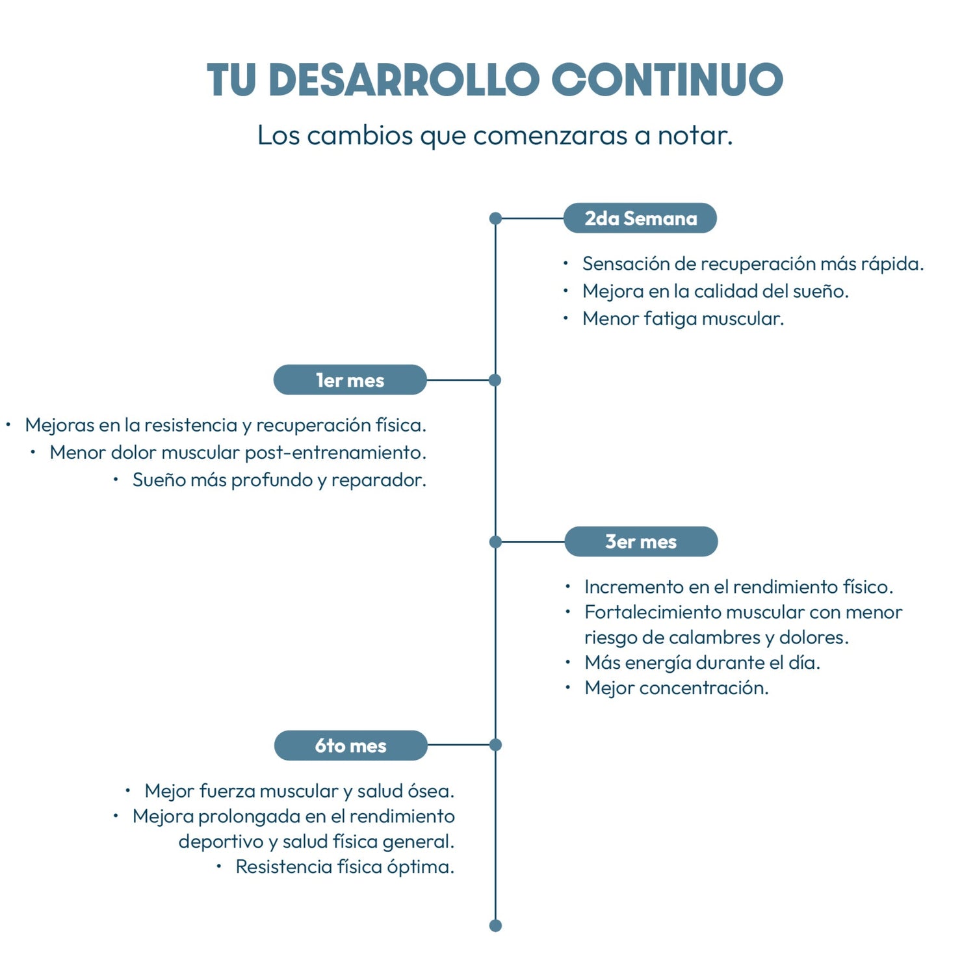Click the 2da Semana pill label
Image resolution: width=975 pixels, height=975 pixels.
pyautogui.click(x=640, y=218)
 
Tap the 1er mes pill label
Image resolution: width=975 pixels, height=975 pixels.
pyautogui.click(x=350, y=380)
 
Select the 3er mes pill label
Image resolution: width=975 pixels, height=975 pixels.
pyautogui.click(x=641, y=541)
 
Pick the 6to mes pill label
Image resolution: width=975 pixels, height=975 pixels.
pyautogui.click(x=351, y=746)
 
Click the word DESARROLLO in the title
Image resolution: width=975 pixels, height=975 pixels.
pyautogui.click(x=404, y=80)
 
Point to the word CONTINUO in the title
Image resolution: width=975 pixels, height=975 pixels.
pyautogui.click(x=668, y=80)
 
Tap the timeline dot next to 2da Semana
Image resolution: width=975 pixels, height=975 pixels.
pyautogui.click(x=495, y=218)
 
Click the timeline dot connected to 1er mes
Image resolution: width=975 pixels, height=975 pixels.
pyautogui.click(x=495, y=380)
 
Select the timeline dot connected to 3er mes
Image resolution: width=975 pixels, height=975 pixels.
pyautogui.click(x=495, y=541)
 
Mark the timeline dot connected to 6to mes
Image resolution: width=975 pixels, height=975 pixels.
pyautogui.click(x=495, y=745)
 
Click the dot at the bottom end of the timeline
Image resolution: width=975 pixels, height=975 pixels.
pyautogui.click(x=495, y=926)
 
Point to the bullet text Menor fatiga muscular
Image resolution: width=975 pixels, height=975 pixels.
pyautogui.click(x=683, y=318)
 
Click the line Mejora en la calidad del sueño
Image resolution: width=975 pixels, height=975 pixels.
pyautogui.click(x=716, y=291)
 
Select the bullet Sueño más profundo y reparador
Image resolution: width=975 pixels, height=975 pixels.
pyautogui.click(x=279, y=480)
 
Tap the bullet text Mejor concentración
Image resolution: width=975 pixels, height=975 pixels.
pyautogui.click(x=677, y=688)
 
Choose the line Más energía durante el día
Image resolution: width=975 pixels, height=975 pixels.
pyautogui.click(x=703, y=662)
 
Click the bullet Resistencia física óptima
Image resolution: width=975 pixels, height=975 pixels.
pyautogui.click(x=345, y=866)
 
